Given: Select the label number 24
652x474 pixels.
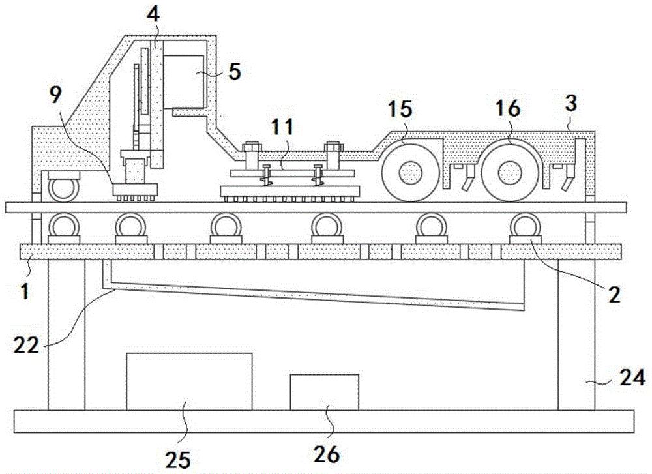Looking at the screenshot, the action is pos(632,377).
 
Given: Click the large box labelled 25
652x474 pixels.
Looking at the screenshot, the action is pos(189,381).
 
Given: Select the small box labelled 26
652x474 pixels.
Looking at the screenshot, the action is pos(324,393).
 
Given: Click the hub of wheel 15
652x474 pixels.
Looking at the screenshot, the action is pos(411,174).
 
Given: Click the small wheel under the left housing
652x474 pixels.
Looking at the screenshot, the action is pos(63,190).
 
